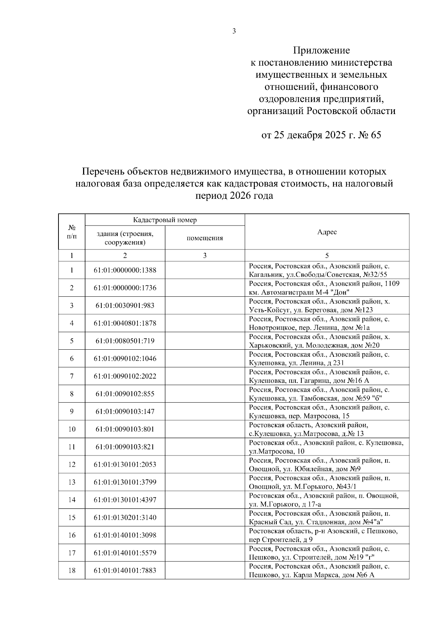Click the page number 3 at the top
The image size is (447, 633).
click(x=234, y=31)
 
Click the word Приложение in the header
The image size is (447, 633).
click(x=321, y=50)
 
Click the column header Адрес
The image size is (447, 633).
click(x=327, y=232)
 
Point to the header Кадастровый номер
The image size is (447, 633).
click(x=165, y=220)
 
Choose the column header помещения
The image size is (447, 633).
click(x=205, y=238)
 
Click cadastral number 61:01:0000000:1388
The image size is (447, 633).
click(x=125, y=270)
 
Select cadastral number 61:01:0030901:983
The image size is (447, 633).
click(x=125, y=306)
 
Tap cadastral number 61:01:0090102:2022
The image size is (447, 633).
click(x=125, y=376)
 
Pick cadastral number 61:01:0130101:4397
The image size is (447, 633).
click(x=125, y=500)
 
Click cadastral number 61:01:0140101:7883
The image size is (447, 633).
click(x=125, y=571)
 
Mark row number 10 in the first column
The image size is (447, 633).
click(x=72, y=429)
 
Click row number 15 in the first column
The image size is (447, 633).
click(x=72, y=517)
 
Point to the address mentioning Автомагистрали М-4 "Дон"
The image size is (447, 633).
click(x=324, y=288)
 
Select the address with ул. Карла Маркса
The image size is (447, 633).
click(x=320, y=571)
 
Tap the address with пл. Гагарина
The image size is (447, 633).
click(x=320, y=376)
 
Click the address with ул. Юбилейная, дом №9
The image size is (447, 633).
click(x=320, y=464)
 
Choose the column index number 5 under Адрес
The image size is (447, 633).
click(x=327, y=255)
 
